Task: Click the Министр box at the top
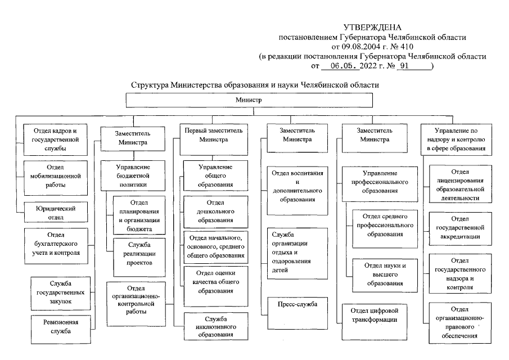[249, 99]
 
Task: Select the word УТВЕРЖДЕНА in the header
[373, 28]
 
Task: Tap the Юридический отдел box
[56, 213]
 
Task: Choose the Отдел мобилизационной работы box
[56, 175]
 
